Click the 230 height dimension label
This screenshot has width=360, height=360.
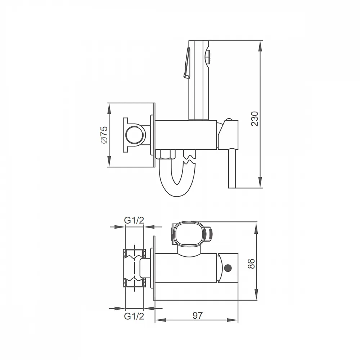tap(255, 119)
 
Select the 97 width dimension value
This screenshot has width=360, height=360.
tap(198, 315)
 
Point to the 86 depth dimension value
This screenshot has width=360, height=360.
tap(252, 264)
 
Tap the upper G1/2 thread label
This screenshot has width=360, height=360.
tap(134, 220)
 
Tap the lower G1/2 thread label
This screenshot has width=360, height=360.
tap(134, 316)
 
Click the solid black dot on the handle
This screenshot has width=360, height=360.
tap(228, 268)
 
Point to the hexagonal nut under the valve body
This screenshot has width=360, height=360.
tap(165, 154)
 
